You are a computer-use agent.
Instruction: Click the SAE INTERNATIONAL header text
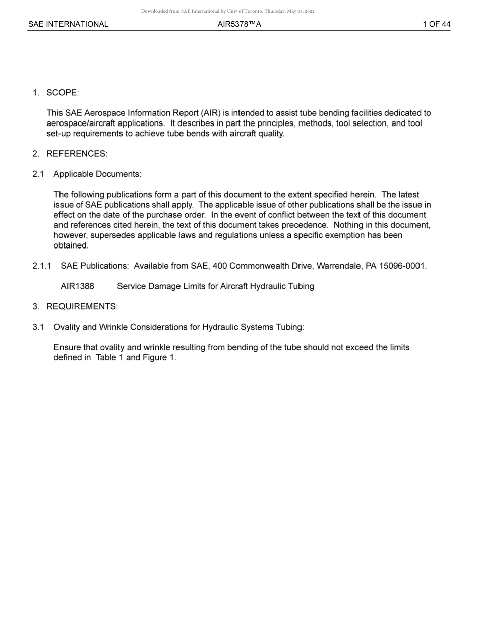tap(68, 24)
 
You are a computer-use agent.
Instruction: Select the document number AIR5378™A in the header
tap(239, 24)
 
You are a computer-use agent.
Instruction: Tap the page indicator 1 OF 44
tap(436, 24)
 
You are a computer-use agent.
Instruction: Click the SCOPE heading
tap(63, 93)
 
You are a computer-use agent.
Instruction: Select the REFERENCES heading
tap(77, 154)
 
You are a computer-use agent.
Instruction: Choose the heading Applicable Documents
tap(97, 174)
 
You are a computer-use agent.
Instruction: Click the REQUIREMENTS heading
tap(82, 306)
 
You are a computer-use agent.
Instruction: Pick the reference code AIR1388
tap(77, 286)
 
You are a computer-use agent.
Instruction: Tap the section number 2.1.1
tap(42, 266)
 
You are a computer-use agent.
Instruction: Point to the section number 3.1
tap(38, 327)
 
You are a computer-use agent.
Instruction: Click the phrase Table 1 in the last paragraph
tap(109, 357)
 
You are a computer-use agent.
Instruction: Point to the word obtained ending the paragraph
tap(71, 245)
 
